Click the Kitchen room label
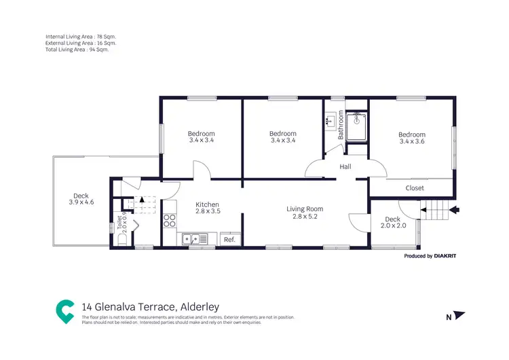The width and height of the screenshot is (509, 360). pos(208,204)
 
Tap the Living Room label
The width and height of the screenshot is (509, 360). pos(304,209)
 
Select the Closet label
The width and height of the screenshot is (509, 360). pos(415,188)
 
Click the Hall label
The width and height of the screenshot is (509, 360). pos(345,166)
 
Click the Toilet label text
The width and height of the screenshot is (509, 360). pos(119,221)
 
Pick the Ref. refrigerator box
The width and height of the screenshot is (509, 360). pos(229,239)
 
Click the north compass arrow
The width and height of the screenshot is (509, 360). pos(459,315)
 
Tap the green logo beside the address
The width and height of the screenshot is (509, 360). pos(65,311)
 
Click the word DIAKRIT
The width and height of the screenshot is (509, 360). pos(448,256)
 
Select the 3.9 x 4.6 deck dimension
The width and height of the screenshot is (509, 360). pos(81,202)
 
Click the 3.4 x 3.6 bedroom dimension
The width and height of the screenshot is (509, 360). pos(412,141)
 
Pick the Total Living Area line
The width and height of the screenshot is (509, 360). pos(77,50)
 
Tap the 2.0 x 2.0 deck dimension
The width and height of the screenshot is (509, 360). pos(393,226)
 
